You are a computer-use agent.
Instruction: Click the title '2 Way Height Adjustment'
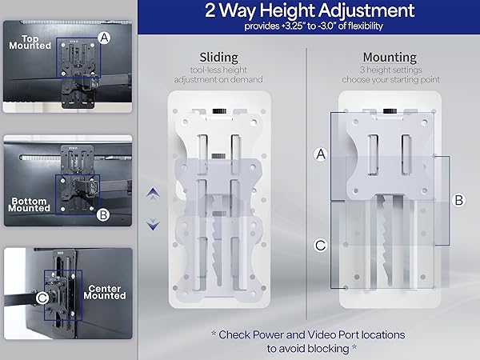(309, 11)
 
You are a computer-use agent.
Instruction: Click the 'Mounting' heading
(389, 58)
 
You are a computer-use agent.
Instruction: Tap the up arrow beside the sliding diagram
(153, 193)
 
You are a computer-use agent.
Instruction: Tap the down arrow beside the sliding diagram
(153, 226)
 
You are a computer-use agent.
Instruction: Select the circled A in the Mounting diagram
(320, 155)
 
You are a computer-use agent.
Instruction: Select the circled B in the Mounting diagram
(458, 201)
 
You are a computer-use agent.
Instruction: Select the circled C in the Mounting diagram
(320, 246)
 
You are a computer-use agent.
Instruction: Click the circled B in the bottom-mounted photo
(103, 214)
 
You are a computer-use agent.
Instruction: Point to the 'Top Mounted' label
(30, 42)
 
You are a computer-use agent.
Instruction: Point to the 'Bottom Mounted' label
(29, 203)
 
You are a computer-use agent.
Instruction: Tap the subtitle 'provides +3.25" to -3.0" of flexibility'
(309, 26)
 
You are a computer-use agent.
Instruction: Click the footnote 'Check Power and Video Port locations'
(309, 334)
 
